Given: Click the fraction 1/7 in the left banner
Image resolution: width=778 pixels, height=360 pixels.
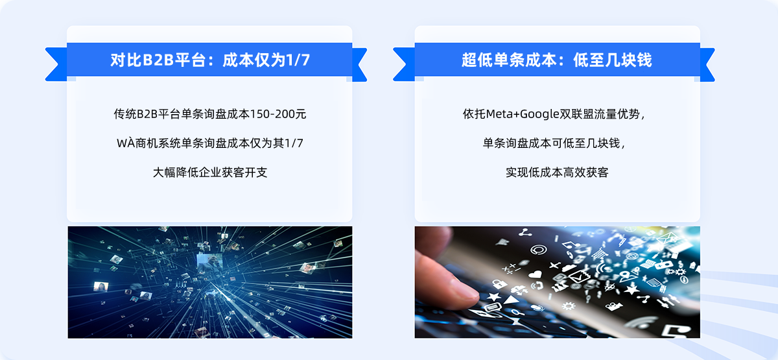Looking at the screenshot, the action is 297,60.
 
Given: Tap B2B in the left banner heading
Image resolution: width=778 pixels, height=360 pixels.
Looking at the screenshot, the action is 158,60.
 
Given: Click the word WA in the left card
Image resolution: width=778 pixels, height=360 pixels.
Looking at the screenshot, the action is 126,143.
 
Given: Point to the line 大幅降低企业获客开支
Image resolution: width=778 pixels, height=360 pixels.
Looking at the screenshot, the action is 210,173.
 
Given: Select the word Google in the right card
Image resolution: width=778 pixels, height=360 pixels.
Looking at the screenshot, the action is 539,114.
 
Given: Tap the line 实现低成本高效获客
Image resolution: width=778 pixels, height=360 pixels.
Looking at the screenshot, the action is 557,173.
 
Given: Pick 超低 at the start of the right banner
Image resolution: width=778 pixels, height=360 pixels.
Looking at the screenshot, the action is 477,60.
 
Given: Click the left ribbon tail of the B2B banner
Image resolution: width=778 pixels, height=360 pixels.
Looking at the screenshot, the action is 56,65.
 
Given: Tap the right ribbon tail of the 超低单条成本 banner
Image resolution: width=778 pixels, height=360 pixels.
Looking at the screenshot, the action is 707,65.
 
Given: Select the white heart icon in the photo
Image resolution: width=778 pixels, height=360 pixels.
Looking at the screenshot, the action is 536,274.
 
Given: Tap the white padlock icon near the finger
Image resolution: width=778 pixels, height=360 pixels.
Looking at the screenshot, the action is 499,283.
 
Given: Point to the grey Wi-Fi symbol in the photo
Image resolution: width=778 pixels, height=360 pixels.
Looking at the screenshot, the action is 643,324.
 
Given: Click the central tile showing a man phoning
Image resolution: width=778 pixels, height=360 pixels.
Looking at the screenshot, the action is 209,262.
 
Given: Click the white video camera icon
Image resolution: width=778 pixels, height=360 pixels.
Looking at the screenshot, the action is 614,306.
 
